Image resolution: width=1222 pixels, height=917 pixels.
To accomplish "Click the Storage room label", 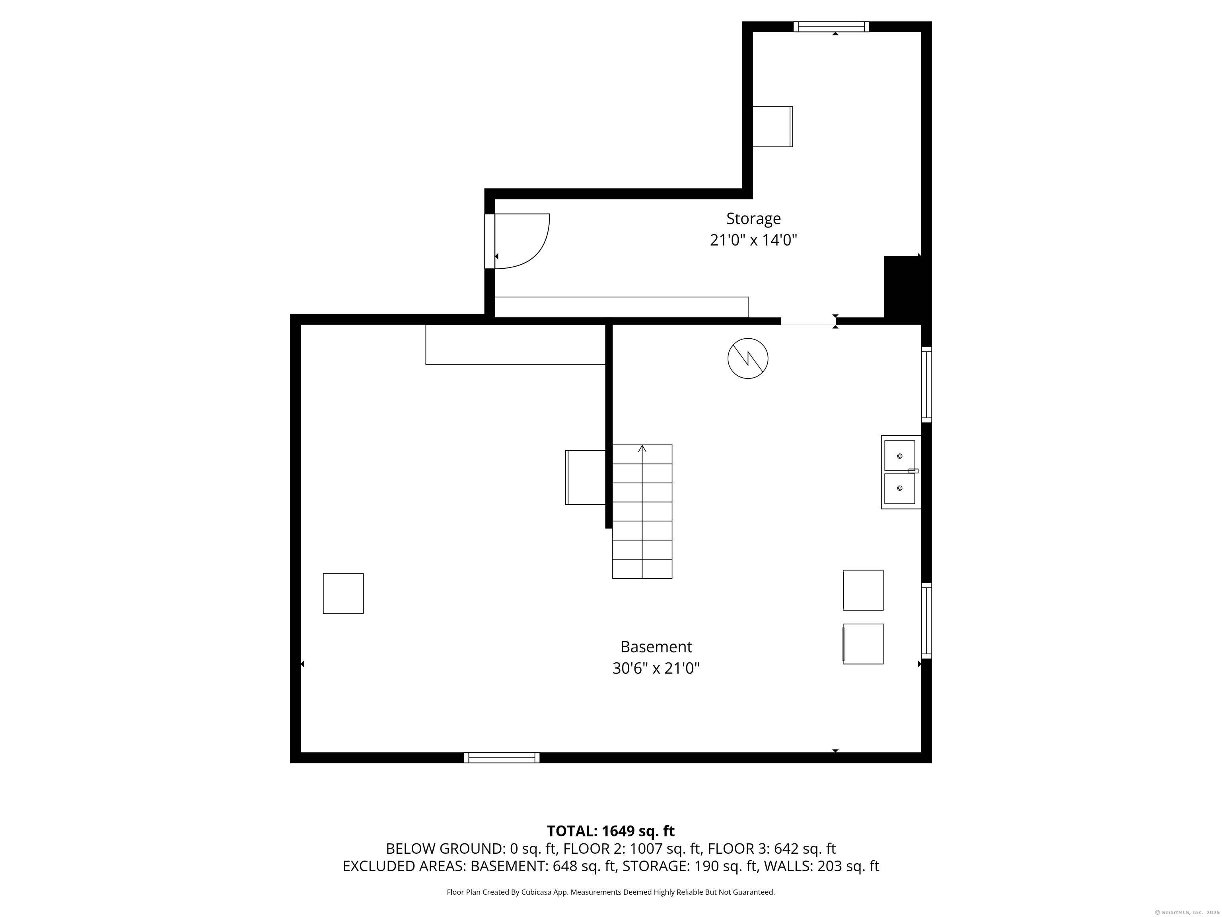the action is click(x=753, y=219).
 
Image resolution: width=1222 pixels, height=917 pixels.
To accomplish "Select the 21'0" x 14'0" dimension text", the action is click(x=753, y=240).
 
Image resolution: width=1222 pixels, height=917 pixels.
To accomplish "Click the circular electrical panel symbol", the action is click(x=747, y=358).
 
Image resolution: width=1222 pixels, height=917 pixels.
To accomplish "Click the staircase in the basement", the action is click(x=642, y=511).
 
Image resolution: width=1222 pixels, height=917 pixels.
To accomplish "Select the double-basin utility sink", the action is click(x=901, y=472).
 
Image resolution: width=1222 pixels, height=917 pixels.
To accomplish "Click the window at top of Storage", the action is click(x=831, y=27).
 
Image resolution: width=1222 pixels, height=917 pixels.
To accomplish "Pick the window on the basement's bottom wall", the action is click(x=502, y=758).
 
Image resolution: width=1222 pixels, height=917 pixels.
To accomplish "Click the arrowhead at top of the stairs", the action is click(x=642, y=449).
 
